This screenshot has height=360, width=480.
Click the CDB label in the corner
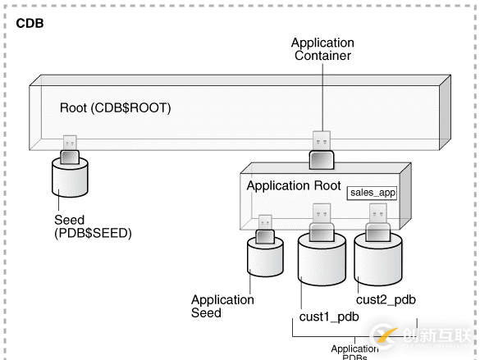pos(30,23)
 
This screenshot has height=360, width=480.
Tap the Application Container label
pos(322,49)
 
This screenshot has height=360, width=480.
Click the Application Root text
pos(294,186)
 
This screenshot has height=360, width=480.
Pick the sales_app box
pos(373,194)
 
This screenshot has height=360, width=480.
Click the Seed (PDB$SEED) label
pos(92,226)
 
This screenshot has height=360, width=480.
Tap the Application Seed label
pos(222,306)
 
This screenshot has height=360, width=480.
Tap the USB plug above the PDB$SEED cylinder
pos(69,148)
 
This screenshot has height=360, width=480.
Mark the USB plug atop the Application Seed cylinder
pos(265,229)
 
